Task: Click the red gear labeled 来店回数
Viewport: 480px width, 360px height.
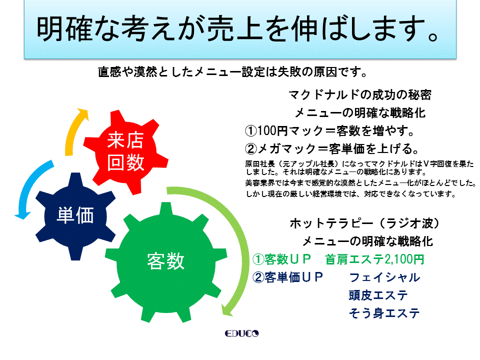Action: coord(125,152)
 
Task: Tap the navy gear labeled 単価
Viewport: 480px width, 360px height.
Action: coord(75,216)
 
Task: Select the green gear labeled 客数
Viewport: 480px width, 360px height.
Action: coord(165,261)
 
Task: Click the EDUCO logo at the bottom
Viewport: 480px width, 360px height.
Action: coord(241,333)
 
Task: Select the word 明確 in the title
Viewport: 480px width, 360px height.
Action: coord(64,29)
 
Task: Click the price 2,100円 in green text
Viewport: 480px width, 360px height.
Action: coord(404,259)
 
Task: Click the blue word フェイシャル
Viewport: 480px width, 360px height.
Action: coord(384,277)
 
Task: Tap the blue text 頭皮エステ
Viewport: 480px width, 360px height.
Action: coord(378,295)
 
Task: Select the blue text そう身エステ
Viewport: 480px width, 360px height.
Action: coord(384,313)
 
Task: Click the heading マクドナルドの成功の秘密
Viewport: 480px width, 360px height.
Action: coord(360,94)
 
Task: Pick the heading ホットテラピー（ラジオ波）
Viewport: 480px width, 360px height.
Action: coord(365,223)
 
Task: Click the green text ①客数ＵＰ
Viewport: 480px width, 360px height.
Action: coord(281,259)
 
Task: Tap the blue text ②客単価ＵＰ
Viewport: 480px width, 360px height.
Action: coord(288,277)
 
